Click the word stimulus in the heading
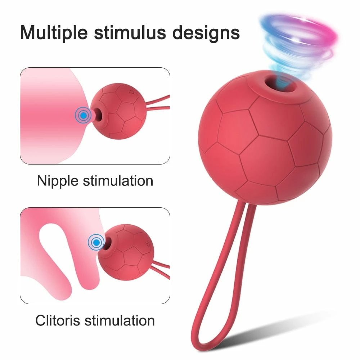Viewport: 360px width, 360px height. pyautogui.click(x=130, y=33)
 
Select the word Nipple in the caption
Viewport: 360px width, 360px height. pyautogui.click(x=58, y=181)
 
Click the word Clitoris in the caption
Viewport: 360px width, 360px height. pyautogui.click(x=57, y=320)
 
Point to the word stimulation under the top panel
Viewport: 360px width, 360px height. pyautogui.click(x=118, y=181)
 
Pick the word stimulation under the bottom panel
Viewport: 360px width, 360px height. pyautogui.click(x=120, y=320)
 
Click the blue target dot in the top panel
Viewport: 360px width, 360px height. pyautogui.click(x=84, y=115)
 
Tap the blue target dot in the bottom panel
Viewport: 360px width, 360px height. pyautogui.click(x=96, y=242)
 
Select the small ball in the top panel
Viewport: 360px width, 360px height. pyautogui.click(x=118, y=111)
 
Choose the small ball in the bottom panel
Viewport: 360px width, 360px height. pyautogui.click(x=126, y=252)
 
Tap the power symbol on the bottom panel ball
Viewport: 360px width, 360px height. pyautogui.click(x=146, y=243)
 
